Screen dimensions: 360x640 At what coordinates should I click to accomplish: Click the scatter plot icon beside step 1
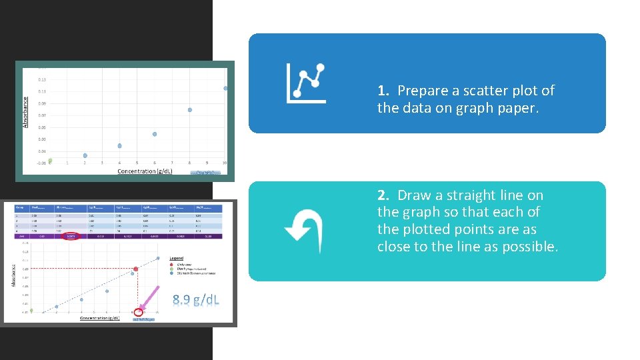pyautogui.click(x=306, y=83)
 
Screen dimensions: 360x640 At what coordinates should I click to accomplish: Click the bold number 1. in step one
pyautogui.click(x=383, y=91)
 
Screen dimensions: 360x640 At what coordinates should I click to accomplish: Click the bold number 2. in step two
pyautogui.click(x=383, y=195)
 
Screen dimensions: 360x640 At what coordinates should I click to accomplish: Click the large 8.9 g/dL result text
pyautogui.click(x=196, y=300)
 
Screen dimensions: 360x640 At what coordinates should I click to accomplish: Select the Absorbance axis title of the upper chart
pyautogui.click(x=26, y=111)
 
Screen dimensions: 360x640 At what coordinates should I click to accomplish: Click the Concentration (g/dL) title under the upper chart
pyautogui.click(x=145, y=171)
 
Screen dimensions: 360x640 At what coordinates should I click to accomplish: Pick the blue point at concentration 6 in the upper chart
pyautogui.click(x=155, y=134)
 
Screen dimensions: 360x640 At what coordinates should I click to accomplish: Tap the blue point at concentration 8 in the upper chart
pyautogui.click(x=190, y=110)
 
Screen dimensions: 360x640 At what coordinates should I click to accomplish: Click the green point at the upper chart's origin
pyautogui.click(x=50, y=161)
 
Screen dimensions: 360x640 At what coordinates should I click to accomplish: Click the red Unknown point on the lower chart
pyautogui.click(x=136, y=269)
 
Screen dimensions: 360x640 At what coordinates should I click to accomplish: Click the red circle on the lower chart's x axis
pyautogui.click(x=139, y=311)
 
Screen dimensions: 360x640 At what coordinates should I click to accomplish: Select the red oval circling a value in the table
pyautogui.click(x=69, y=236)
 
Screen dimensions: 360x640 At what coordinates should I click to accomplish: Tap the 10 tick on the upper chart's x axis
pyautogui.click(x=225, y=163)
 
